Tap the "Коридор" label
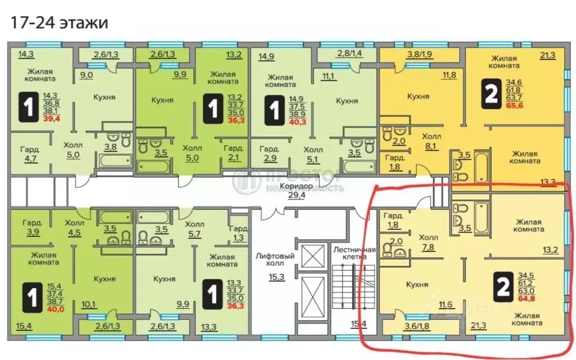tap(293, 186)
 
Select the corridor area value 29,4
tap(293, 195)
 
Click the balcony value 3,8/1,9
tap(418, 55)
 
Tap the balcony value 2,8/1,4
tap(349, 54)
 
